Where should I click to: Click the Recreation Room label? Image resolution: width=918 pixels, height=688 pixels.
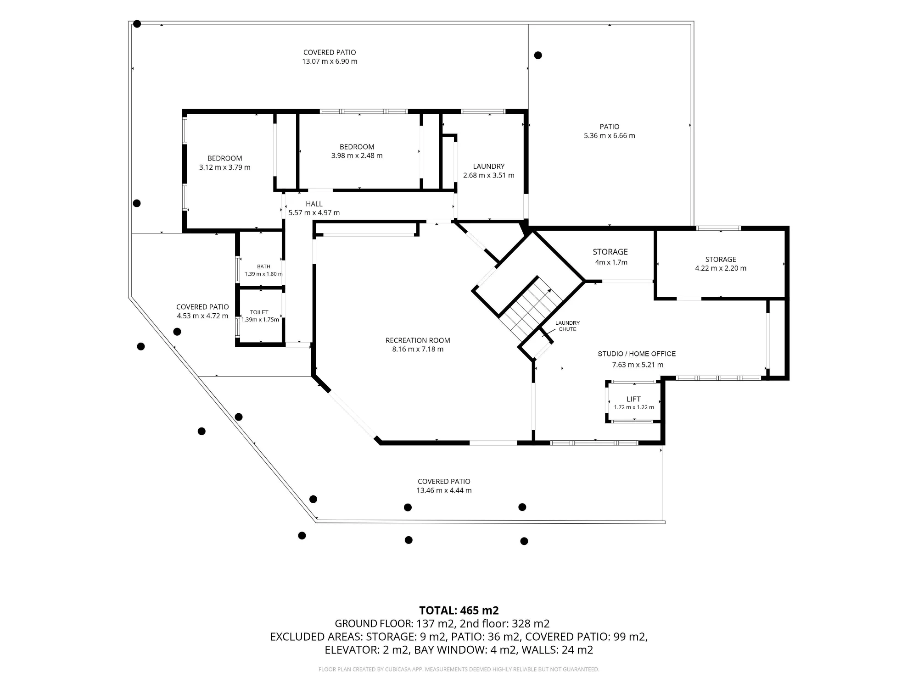click(418, 340)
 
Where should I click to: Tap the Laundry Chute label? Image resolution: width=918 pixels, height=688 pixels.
click(567, 326)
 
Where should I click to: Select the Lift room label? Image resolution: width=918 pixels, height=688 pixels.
click(633, 399)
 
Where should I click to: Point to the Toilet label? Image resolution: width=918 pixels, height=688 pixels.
click(259, 312)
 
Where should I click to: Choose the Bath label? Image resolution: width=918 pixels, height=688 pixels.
click(263, 266)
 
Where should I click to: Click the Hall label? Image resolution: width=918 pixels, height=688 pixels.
click(314, 204)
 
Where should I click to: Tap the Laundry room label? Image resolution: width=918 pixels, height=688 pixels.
click(489, 166)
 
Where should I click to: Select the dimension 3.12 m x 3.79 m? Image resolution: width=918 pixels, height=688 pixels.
click(225, 167)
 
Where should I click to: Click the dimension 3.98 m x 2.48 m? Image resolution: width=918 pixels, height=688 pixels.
click(357, 155)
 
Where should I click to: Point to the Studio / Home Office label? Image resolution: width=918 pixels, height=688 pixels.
click(637, 354)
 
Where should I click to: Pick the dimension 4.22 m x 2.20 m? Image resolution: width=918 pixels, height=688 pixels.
click(721, 268)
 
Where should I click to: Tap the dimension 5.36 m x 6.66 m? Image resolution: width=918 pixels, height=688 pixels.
click(610, 136)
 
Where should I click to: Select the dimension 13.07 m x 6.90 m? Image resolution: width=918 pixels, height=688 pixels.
click(330, 61)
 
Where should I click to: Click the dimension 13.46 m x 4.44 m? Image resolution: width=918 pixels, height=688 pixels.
click(444, 490)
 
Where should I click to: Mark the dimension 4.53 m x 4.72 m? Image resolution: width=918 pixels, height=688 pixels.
click(202, 316)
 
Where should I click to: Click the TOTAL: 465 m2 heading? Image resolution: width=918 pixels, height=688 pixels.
click(459, 610)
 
